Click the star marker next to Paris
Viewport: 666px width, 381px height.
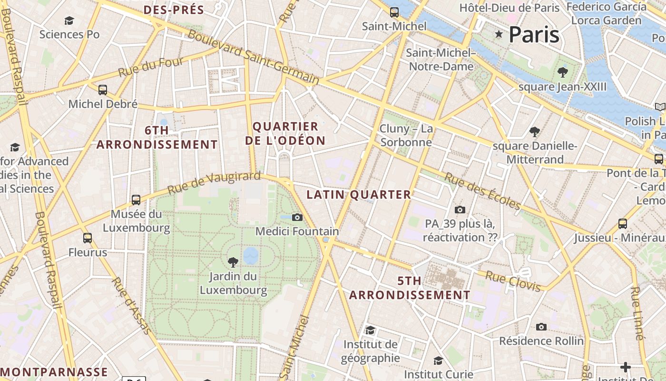point(499,34)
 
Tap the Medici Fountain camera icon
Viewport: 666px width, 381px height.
point(297,218)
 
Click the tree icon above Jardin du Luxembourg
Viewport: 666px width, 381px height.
point(233,262)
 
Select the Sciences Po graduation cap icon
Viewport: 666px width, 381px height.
point(69,20)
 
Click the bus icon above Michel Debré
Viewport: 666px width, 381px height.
point(103,90)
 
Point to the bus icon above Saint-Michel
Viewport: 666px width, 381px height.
point(394,12)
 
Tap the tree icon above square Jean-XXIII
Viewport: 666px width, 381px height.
point(563,72)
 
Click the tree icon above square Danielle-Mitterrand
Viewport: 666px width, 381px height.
point(535,131)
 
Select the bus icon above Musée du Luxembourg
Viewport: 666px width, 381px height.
point(136,200)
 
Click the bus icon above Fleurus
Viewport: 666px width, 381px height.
point(88,238)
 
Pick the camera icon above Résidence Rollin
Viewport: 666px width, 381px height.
point(541,327)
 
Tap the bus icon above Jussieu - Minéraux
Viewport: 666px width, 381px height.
point(622,223)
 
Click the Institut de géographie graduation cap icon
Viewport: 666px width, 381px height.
point(370,330)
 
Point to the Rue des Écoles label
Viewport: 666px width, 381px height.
point(482,191)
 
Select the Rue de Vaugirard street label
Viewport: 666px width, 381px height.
point(214,183)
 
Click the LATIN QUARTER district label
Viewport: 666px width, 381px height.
point(359,194)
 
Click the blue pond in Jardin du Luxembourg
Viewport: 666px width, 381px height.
point(251,256)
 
